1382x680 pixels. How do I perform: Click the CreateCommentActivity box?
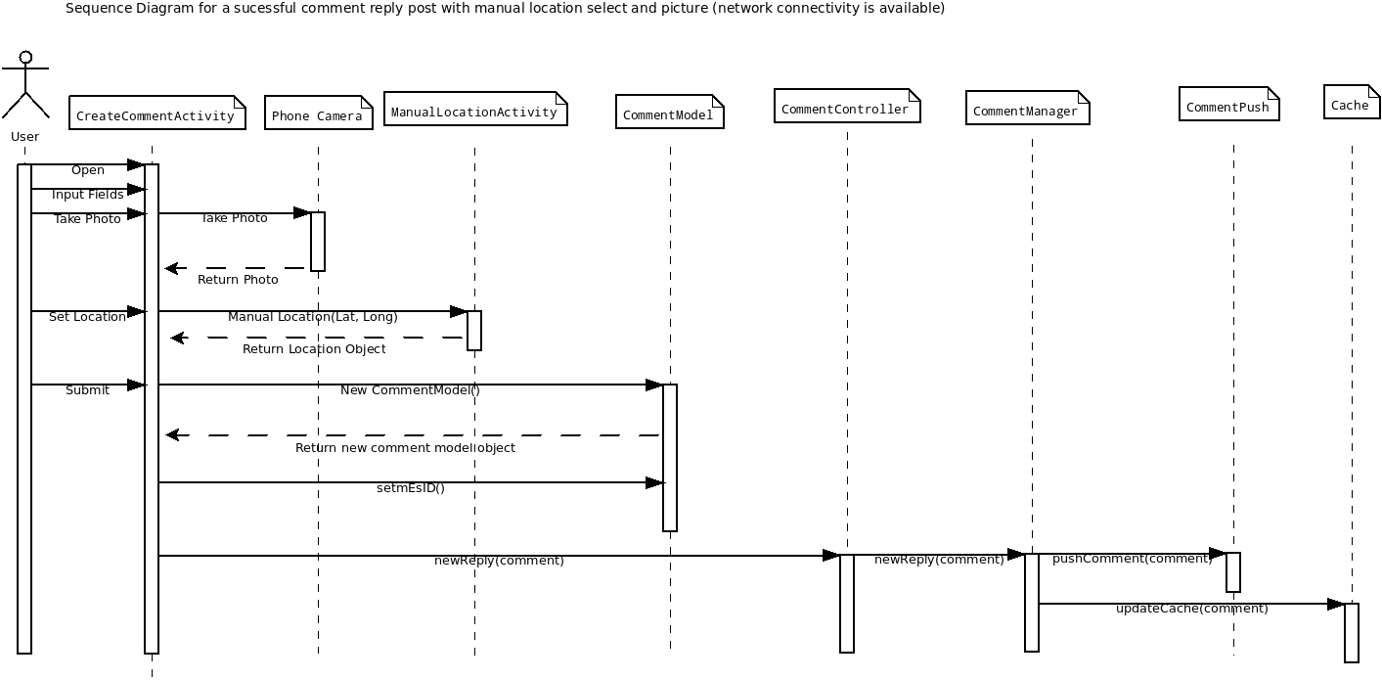click(157, 113)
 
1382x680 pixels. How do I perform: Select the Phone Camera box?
click(318, 113)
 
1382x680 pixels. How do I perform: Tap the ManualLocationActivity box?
click(475, 109)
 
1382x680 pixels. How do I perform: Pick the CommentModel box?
click(669, 112)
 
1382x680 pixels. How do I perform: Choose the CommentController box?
click(847, 106)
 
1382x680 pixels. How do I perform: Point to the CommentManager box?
click(1028, 108)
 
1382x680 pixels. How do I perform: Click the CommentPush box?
click(1229, 104)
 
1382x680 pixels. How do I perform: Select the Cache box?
click(1352, 102)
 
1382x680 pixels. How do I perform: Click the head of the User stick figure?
click(25, 58)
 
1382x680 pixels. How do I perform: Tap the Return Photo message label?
click(238, 280)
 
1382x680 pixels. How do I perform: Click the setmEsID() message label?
click(410, 488)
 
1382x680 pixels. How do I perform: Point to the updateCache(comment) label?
click(1192, 609)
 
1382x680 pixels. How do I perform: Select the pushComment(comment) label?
click(1133, 559)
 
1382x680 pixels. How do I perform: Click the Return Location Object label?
click(314, 349)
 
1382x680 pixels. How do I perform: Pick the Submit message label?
click(88, 390)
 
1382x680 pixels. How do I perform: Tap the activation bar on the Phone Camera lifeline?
click(318, 242)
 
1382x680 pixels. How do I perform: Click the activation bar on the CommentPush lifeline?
click(1232, 572)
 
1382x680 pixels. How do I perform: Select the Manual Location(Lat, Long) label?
click(313, 317)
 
